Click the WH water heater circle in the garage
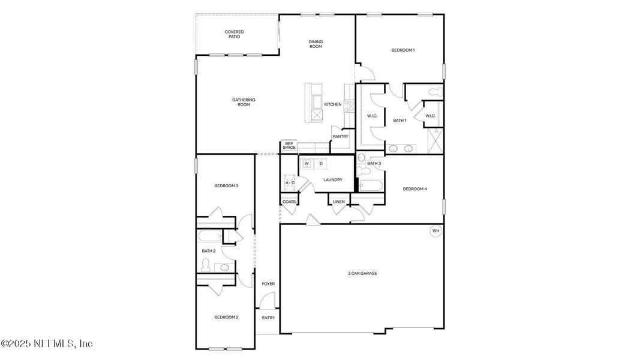(435, 230)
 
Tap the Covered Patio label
(234, 34)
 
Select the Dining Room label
(316, 44)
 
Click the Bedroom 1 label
(402, 50)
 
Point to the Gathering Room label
(244, 102)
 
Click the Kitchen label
(333, 104)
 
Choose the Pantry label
(341, 136)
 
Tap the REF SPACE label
(289, 146)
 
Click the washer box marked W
(307, 163)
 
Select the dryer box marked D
(321, 163)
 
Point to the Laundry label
(332, 180)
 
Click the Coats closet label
(289, 202)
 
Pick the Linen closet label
(339, 202)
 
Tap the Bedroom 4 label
(414, 190)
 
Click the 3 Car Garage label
(362, 273)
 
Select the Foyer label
(268, 284)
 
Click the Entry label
(268, 317)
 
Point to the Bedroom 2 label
(226, 317)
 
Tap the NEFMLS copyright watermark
(47, 344)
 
